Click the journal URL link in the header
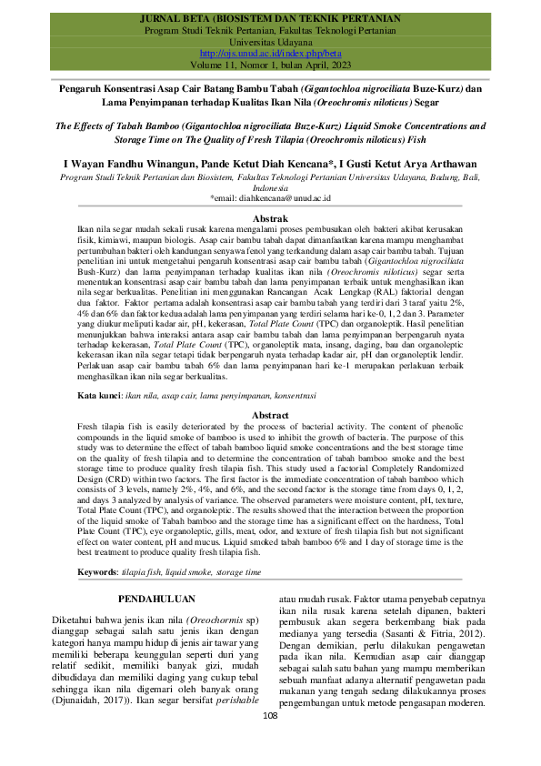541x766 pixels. click(x=269, y=55)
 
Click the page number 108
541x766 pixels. click(x=270, y=741)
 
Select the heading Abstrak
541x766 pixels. click(x=270, y=218)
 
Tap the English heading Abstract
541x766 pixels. click(x=270, y=414)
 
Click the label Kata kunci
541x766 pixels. click(x=98, y=398)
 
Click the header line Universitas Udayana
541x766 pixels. click(x=270, y=43)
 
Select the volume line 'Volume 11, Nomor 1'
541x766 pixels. click(x=270, y=66)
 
